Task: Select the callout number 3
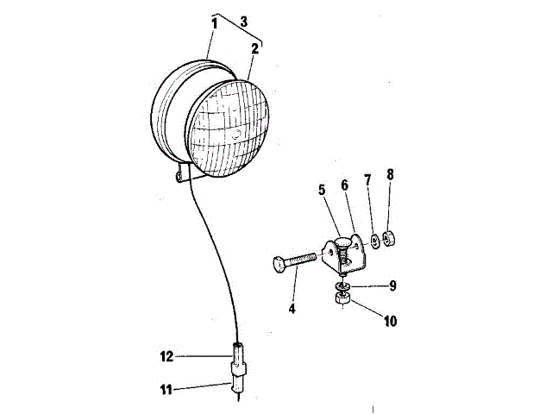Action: (x=243, y=20)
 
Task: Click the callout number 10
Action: (x=390, y=321)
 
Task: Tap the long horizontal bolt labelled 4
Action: (x=298, y=260)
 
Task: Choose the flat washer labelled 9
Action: (x=343, y=285)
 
